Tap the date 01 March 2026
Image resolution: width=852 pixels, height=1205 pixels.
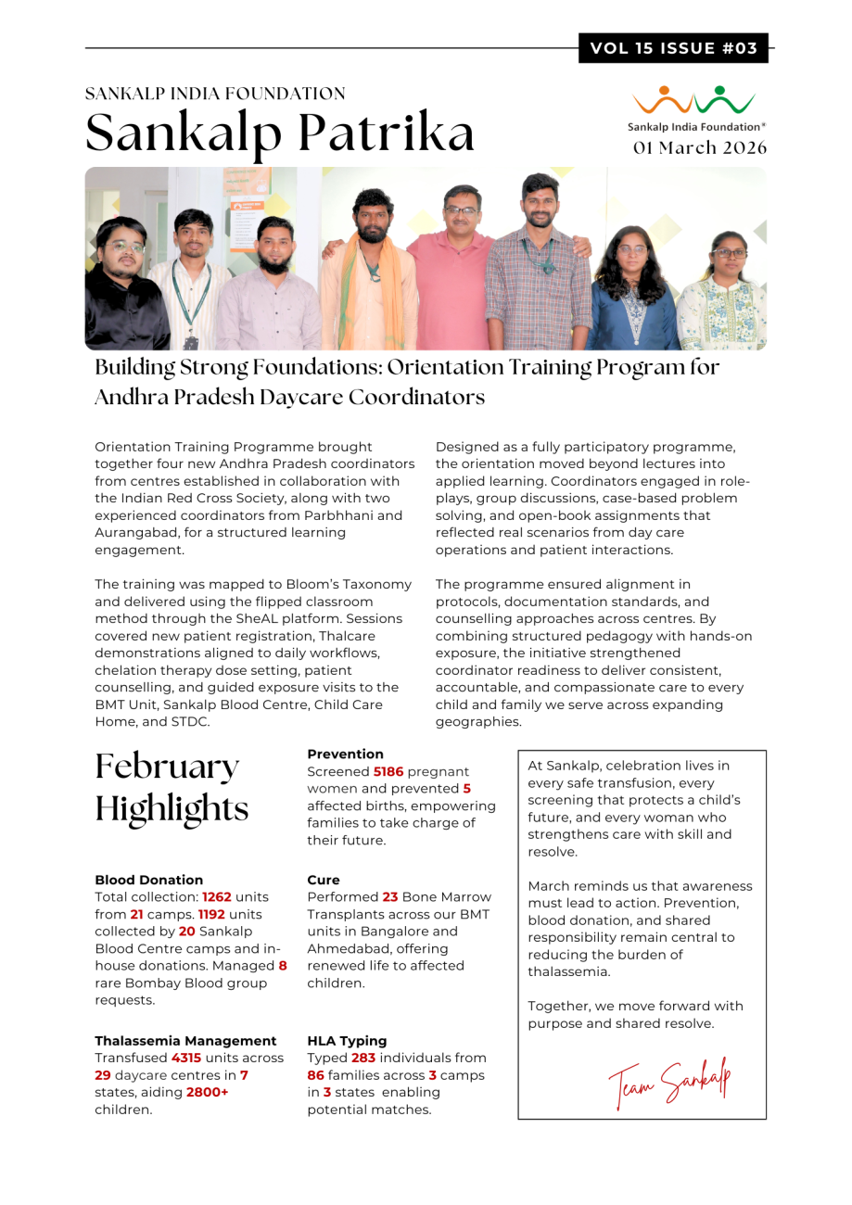700,147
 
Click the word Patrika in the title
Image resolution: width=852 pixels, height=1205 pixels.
393,133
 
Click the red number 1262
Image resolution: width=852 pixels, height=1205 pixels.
217,897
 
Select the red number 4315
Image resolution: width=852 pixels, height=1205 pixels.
186,1057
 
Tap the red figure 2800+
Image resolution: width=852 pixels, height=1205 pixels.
208,1092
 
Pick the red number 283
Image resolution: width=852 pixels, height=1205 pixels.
366,1058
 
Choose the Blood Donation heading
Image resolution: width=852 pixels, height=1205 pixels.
149,880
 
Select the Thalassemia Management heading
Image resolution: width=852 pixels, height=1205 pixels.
185,1040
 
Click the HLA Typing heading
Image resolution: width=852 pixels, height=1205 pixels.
347,1040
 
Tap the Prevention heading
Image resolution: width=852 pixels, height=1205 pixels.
345,754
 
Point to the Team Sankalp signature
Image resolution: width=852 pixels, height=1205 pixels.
666,1079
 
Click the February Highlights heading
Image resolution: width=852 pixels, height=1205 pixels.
172,787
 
